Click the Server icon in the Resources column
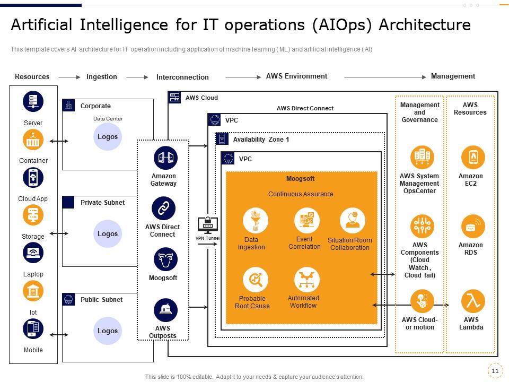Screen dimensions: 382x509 tap(33, 102)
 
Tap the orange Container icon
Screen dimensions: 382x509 tap(33, 140)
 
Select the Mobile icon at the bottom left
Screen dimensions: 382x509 tap(33, 329)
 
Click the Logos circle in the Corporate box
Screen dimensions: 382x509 tap(108, 137)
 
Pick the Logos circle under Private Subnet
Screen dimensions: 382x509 tap(108, 234)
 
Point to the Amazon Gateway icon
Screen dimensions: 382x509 tap(164, 158)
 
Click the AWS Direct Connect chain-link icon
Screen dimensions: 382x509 tap(163, 209)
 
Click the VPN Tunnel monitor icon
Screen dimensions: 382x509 tap(207, 225)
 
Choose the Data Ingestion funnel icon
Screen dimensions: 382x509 tap(255, 220)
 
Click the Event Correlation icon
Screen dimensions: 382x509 tap(306, 220)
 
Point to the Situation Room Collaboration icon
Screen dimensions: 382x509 tap(352, 220)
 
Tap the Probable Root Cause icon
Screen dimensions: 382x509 tap(255, 279)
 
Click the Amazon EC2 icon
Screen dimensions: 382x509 tap(472, 158)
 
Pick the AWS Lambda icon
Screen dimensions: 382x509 tap(471, 301)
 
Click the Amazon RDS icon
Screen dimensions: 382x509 tap(472, 227)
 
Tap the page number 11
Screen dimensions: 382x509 tap(495, 371)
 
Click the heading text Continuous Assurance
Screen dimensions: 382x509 tap(301, 194)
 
